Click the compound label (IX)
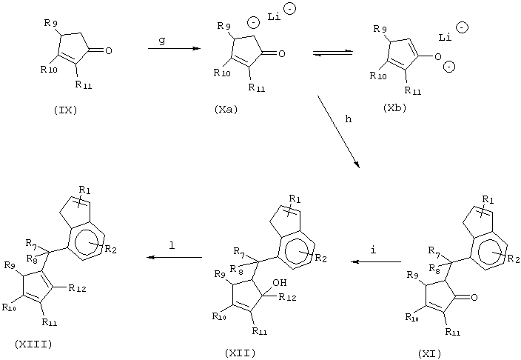tap(65, 110)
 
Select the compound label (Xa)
tap(226, 109)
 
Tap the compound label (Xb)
tap(394, 108)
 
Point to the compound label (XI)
tap(430, 353)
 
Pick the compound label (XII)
tap(240, 353)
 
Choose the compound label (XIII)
tap(33, 344)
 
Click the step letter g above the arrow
tap(162, 41)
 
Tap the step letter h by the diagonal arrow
tap(349, 119)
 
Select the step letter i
tap(373, 250)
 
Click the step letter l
tap(172, 245)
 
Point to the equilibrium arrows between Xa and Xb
tap(332, 53)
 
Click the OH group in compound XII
tap(280, 283)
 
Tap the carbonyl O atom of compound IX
tap(108, 50)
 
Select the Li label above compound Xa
tap(274, 16)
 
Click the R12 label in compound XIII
tap(77, 288)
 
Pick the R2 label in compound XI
tap(514, 259)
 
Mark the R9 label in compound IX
tap(50, 23)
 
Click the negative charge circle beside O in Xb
tap(449, 67)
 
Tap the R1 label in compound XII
tap(295, 199)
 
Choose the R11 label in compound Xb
tap(412, 90)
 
